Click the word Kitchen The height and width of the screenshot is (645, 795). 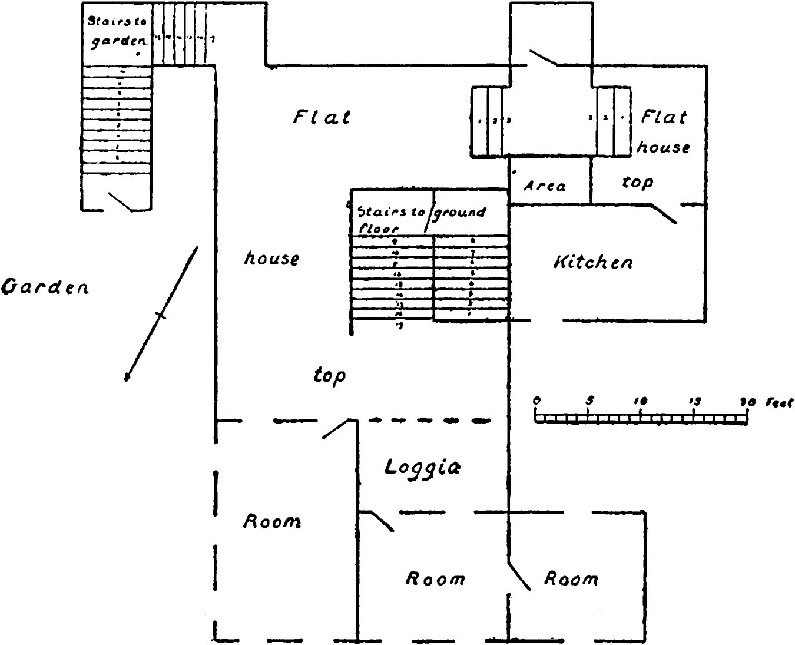[593, 262]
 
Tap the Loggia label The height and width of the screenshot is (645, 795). [422, 467]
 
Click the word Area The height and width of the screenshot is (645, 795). [545, 186]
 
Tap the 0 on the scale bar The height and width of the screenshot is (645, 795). [536, 401]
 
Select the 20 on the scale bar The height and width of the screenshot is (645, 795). [747, 402]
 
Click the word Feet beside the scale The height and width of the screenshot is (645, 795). [779, 403]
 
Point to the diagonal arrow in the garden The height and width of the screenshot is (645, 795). [161, 315]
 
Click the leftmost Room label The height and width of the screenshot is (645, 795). [272, 521]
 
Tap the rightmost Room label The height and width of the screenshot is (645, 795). [570, 578]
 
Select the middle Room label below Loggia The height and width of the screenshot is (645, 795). [435, 578]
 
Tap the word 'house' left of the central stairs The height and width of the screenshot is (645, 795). [271, 258]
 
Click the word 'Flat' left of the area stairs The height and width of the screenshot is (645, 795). [322, 117]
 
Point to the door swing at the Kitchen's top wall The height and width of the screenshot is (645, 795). [664, 213]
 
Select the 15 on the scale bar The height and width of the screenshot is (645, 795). [695, 401]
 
